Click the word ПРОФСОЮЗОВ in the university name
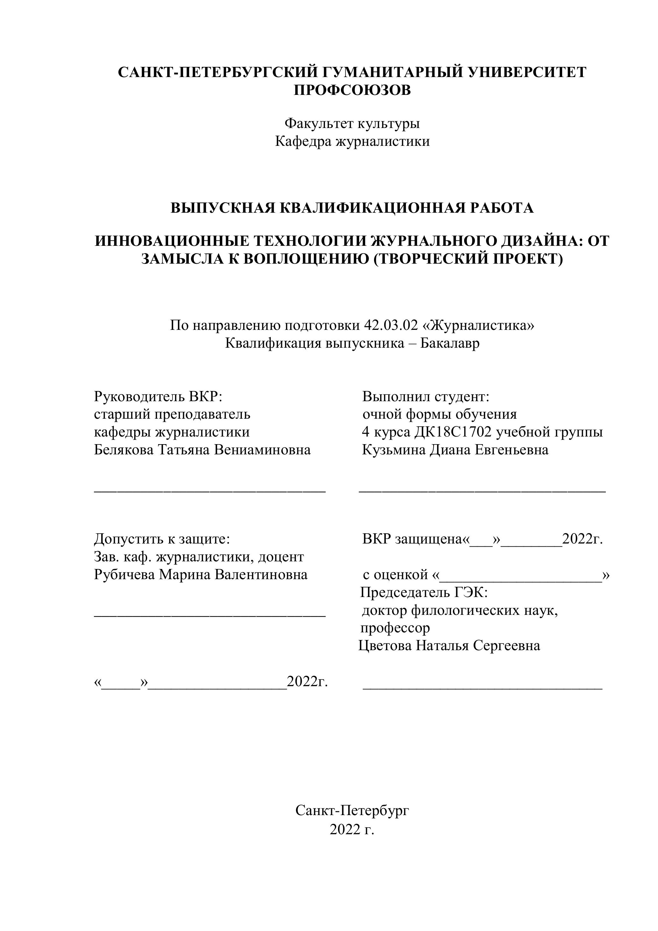pyautogui.click(x=352, y=90)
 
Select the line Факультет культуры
pyautogui.click(x=352, y=123)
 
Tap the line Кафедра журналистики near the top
pyautogui.click(x=352, y=141)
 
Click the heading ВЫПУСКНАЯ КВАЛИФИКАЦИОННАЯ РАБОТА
pyautogui.click(x=352, y=208)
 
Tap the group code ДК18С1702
pyautogui.click(x=453, y=432)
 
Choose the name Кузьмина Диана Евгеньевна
pyautogui.click(x=455, y=450)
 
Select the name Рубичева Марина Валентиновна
pyautogui.click(x=201, y=575)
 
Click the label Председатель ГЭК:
pyautogui.click(x=424, y=593)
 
